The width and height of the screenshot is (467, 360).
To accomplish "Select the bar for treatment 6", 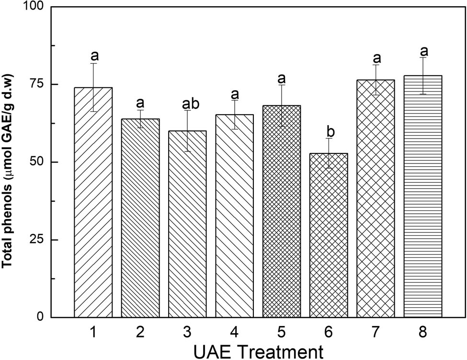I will [329, 235].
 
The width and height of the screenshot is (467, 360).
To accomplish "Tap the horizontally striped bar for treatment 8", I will [422, 197].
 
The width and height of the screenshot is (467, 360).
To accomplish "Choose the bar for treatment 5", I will [282, 211].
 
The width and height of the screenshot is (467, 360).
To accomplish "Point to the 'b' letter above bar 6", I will [329, 131].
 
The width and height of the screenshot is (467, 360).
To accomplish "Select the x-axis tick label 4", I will [234, 332].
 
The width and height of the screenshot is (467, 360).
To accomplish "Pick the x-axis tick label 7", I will [376, 332].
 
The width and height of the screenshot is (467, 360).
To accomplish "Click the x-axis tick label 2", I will [140, 332].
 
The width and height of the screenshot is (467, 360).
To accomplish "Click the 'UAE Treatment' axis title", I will [258, 351].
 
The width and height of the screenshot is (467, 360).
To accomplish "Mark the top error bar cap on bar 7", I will [376, 65].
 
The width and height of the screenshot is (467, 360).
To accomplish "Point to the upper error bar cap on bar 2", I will [140, 110].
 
